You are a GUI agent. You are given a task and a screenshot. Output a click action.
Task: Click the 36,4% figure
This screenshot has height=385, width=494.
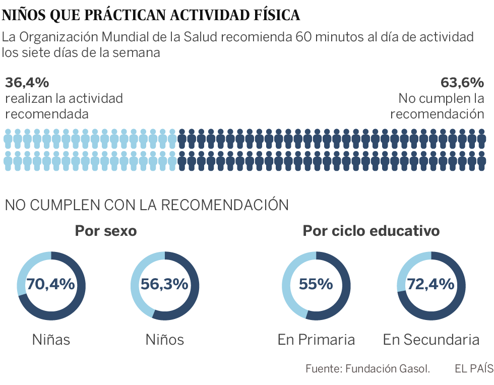point(27,82)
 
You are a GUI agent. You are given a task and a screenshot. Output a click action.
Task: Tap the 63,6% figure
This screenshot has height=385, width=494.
point(462,82)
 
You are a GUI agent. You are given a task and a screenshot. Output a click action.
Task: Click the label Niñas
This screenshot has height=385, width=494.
point(51,340)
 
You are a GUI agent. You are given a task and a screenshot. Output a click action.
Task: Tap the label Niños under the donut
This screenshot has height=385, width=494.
point(165,340)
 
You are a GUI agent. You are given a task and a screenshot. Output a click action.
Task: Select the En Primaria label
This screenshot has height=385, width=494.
point(316,340)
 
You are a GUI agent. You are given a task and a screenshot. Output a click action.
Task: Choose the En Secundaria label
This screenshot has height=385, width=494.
point(431,340)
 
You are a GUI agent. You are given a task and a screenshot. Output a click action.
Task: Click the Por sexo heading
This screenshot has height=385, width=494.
point(106,231)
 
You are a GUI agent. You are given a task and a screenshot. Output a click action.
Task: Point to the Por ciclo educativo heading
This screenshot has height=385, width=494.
point(371,231)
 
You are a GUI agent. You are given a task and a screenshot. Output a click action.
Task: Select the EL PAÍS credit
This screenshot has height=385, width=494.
point(473,369)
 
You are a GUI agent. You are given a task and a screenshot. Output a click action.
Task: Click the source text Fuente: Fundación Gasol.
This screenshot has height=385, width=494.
point(367,369)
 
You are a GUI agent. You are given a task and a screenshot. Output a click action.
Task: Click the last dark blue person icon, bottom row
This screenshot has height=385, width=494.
point(482,160)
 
